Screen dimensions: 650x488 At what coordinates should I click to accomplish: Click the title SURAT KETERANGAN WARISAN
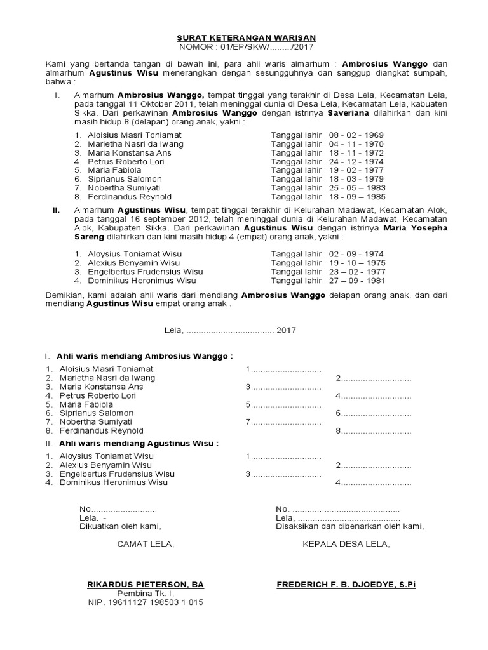pyautogui.click(x=244, y=37)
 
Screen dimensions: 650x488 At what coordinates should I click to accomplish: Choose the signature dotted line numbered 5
pyautogui.click(x=283, y=404)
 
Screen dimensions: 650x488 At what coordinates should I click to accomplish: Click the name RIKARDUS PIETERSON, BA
pyautogui.click(x=146, y=584)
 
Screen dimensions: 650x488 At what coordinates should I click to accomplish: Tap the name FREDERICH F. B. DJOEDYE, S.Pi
pyautogui.click(x=346, y=584)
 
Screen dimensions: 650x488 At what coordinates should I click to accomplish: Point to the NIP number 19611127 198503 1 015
pyautogui.click(x=146, y=602)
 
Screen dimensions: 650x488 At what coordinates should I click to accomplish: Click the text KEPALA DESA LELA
pyautogui.click(x=346, y=544)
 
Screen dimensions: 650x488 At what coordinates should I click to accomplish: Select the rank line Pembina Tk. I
pyautogui.click(x=146, y=594)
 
